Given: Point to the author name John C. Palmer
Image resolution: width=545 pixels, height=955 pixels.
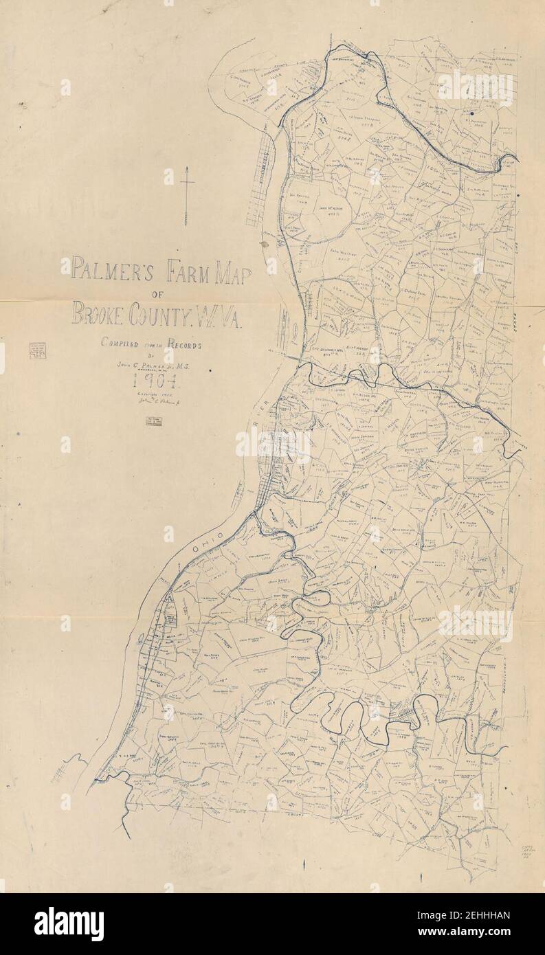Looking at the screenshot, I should (155, 368).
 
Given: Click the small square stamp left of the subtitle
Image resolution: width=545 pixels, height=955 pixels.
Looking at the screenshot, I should (35, 350).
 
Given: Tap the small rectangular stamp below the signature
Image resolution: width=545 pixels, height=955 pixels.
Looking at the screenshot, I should (154, 422).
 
